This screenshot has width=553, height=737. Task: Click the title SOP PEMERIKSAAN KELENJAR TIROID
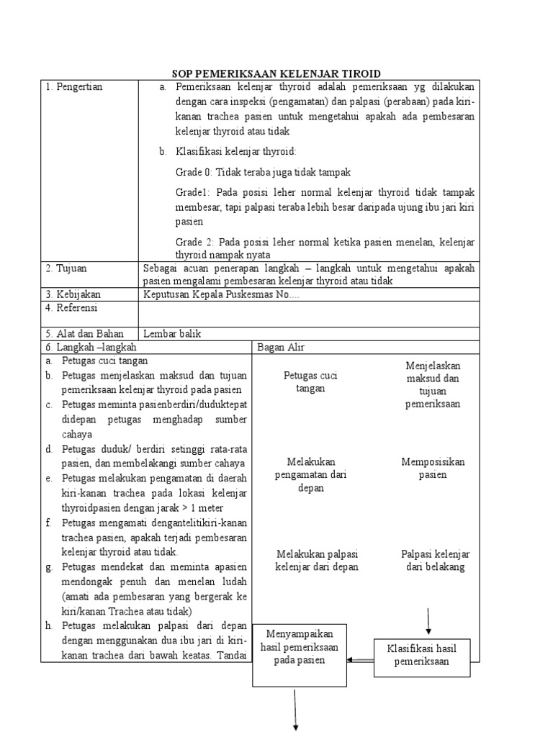[x=276, y=73]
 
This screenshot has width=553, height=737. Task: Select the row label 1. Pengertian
[x=74, y=87]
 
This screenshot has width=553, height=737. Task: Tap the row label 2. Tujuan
[x=66, y=268]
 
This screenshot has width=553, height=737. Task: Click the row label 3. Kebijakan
[x=73, y=294]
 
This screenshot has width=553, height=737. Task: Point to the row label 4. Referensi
[x=71, y=308]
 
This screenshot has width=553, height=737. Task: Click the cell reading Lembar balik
[x=172, y=334]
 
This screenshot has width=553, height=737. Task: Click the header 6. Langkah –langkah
[x=90, y=348]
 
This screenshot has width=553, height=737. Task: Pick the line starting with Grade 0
[x=263, y=173]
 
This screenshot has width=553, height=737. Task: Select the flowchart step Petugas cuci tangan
[x=310, y=382]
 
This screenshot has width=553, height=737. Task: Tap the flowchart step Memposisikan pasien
[x=433, y=469]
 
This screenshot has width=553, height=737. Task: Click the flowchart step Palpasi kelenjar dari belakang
[x=435, y=561]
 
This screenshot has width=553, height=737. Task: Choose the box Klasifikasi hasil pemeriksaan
[x=422, y=656]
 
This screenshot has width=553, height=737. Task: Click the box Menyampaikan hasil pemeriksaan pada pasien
[x=300, y=647]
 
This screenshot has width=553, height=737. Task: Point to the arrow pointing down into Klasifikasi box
[x=429, y=621]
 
